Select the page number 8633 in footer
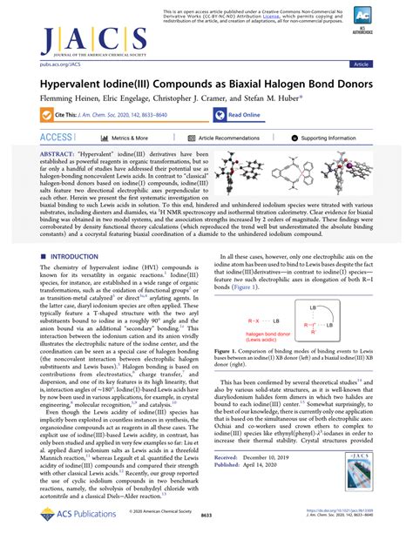pos(206,516)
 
